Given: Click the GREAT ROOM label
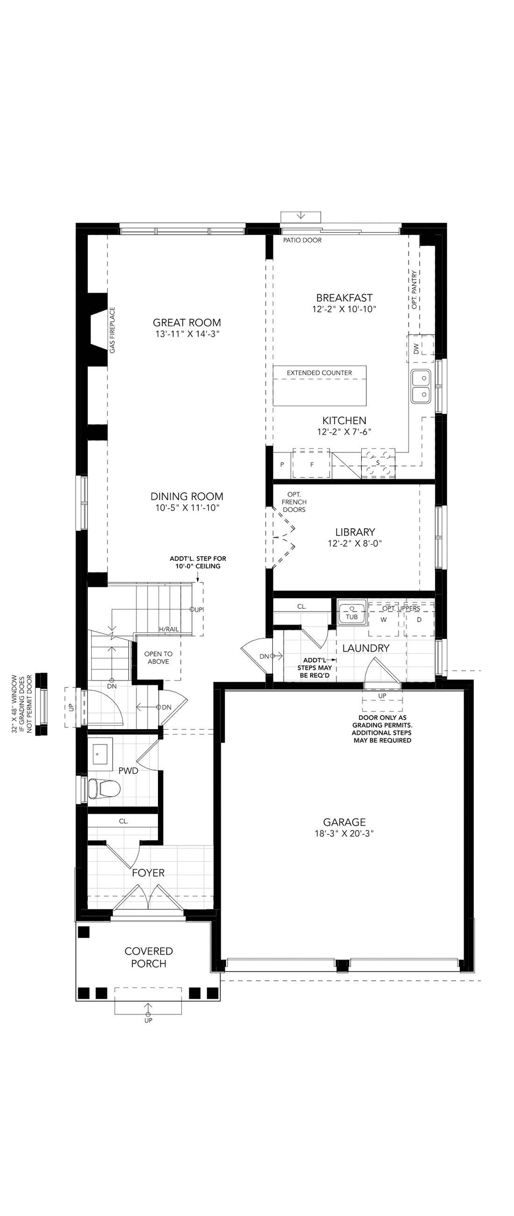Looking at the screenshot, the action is pos(187,322).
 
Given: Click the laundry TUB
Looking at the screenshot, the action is pos(352,612).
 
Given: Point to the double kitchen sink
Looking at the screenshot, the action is pos(421,386).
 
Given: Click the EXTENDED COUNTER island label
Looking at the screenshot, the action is pos(319,373).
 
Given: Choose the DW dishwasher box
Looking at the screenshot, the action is pos(420,349).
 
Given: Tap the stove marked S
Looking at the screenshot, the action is pos(378,463).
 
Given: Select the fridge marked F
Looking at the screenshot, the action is pos(312,463).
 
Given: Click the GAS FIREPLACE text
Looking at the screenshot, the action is pos(112,330).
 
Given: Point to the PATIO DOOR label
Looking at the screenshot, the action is pos(302,240).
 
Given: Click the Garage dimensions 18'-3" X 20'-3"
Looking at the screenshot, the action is pos(344,833).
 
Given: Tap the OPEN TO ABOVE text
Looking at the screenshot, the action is pos(158,658).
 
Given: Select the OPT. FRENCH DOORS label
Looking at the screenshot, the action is pos(294,502).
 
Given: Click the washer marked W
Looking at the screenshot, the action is pos(384,619).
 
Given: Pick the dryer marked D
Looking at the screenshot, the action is pos(419,619).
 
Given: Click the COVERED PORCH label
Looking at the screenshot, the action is pos(149,957).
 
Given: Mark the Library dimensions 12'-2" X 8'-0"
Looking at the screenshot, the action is pos(355,543).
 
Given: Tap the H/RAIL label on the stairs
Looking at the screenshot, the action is pos(169,629).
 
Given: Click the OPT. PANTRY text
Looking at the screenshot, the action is pos(414,290).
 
